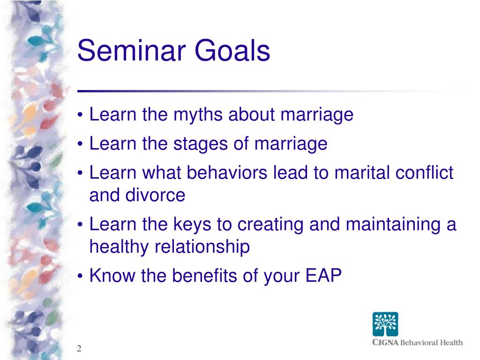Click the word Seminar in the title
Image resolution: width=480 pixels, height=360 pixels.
coord(132,50)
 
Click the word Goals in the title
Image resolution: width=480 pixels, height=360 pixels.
coord(232,50)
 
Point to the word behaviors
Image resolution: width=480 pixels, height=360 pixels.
coord(227,172)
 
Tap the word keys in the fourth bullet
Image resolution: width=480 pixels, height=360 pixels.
coord(193,225)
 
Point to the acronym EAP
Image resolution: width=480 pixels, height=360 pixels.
coord(323,275)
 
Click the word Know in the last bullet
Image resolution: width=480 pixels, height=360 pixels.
coord(112,275)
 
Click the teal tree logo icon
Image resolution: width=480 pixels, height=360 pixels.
coord(385,324)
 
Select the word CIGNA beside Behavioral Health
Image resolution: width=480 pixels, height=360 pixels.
coord(385,342)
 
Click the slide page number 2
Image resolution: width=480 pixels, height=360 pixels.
coord(79,348)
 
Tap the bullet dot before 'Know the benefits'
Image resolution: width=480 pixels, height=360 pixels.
coord(80,277)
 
